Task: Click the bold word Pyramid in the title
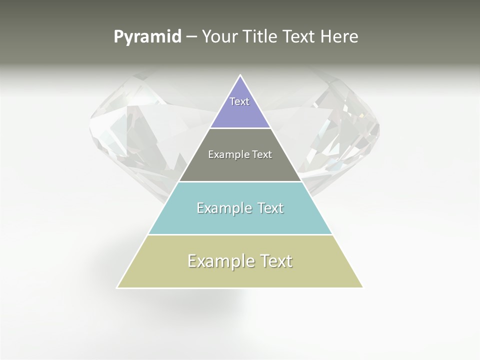click(x=147, y=37)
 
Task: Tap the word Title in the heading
click(x=262, y=37)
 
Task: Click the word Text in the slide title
click(x=299, y=37)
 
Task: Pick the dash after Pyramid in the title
click(x=191, y=37)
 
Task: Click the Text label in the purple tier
click(x=239, y=101)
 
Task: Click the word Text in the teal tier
click(x=270, y=208)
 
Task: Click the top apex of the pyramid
click(x=240, y=75)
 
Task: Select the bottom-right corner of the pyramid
click(x=362, y=287)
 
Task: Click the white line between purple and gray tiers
click(x=240, y=128)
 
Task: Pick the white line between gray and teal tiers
click(x=240, y=181)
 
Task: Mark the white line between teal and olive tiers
click(x=240, y=234)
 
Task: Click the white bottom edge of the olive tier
click(x=240, y=288)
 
